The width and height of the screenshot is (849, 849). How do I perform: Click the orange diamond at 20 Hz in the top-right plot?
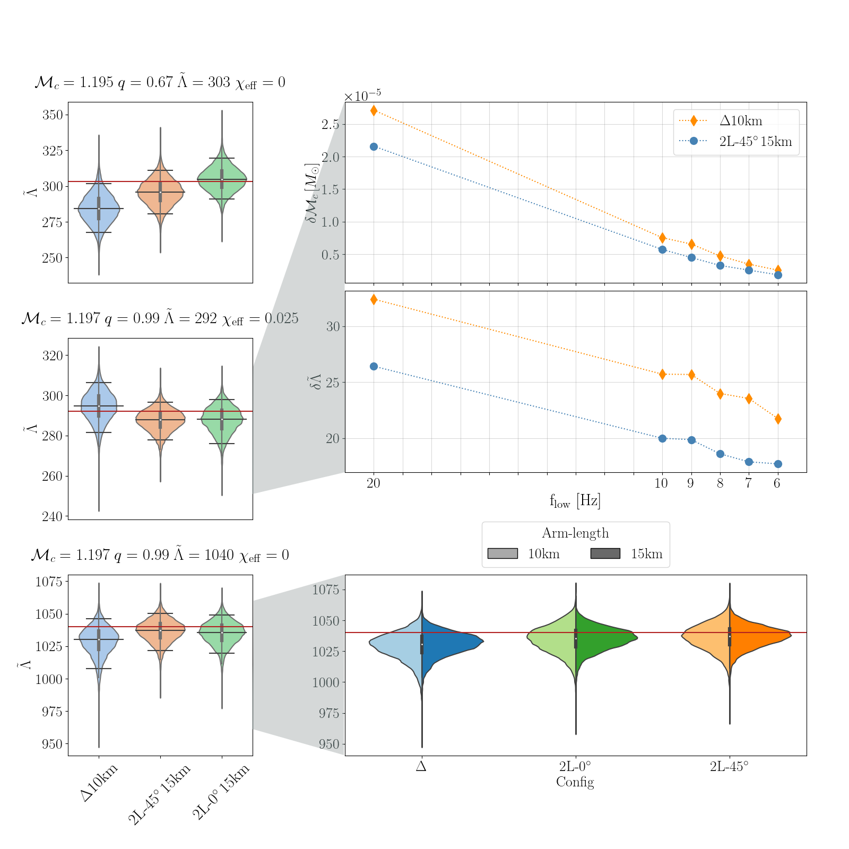pos(374,110)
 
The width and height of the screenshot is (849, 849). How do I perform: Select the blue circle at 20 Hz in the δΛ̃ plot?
pos(374,366)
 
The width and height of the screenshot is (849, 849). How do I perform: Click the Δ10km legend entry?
pos(741,121)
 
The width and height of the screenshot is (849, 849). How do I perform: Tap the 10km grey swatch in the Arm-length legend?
pos(502,553)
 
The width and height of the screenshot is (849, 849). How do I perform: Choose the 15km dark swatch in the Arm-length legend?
pos(605,553)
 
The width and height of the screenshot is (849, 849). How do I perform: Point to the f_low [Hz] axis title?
pos(575,501)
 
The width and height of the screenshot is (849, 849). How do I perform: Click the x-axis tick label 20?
pos(374,483)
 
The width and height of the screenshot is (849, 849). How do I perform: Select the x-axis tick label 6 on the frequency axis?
pos(777,483)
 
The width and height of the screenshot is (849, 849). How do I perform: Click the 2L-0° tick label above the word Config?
pos(575,766)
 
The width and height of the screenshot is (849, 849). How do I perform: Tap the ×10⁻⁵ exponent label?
pos(362,96)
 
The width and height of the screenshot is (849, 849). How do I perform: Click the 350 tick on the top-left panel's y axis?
pos(53,115)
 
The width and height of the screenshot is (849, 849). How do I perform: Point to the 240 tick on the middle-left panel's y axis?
pos(53,516)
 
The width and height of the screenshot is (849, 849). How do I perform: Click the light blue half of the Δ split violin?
pos(398,643)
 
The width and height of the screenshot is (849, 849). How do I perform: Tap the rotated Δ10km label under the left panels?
pos(99,783)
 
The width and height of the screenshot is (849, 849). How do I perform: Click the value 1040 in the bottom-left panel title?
pos(219,556)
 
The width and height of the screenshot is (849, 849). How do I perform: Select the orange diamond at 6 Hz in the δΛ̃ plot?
pos(778,419)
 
